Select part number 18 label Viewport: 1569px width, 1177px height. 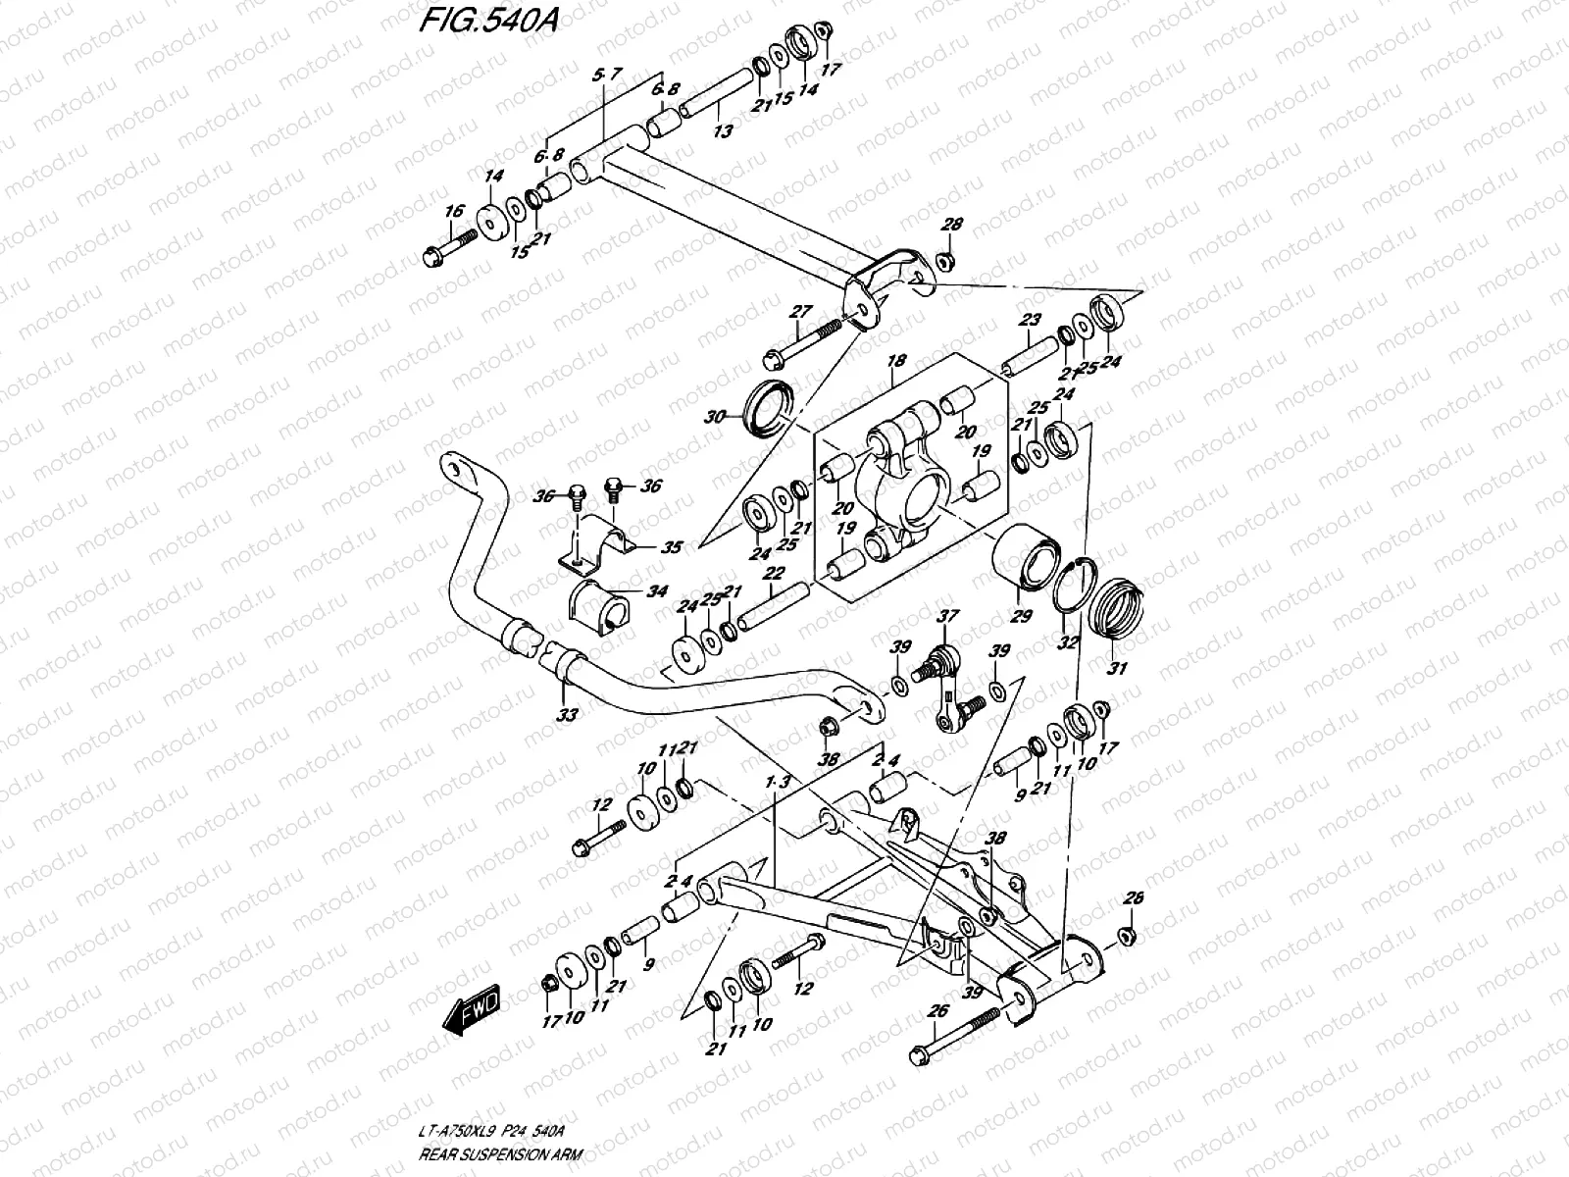(895, 363)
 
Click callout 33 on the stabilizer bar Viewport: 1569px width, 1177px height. (567, 716)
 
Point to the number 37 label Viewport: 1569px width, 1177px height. (946, 616)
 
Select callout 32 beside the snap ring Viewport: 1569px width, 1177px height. (1068, 642)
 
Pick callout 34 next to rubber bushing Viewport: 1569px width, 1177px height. (656, 591)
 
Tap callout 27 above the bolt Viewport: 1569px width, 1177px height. (801, 312)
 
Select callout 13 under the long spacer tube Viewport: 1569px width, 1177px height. (723, 130)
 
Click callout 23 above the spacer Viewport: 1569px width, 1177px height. (1029, 320)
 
